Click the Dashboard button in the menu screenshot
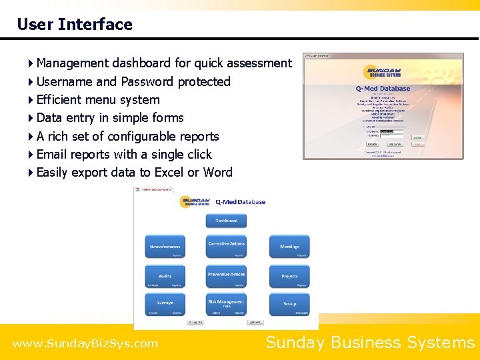tap(226, 221)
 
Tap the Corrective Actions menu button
tap(226, 246)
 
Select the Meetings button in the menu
tap(289, 246)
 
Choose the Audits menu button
tap(165, 276)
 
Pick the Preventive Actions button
tap(226, 276)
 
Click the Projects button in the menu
tap(289, 276)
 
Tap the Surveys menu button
tap(165, 304)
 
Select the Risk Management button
tap(226, 304)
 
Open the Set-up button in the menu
tap(289, 304)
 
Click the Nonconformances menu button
tap(165, 246)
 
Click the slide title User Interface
tap(75, 25)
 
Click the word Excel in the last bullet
tap(169, 173)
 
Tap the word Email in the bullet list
tap(52, 155)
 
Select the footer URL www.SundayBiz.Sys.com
tap(85, 344)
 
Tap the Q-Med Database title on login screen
tap(383, 89)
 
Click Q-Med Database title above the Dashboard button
tap(240, 202)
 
